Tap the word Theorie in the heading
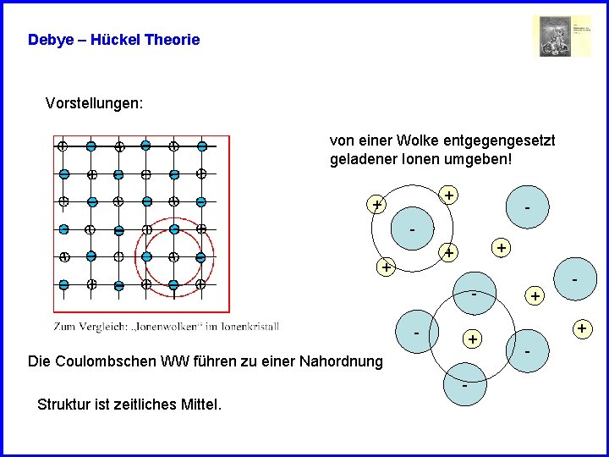173,40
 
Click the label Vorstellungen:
94,103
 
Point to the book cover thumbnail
562,36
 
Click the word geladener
364,159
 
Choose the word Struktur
65,405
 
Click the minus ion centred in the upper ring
412,228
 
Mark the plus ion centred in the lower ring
472,339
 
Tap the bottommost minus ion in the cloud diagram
465,385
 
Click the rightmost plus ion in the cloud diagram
581,327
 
